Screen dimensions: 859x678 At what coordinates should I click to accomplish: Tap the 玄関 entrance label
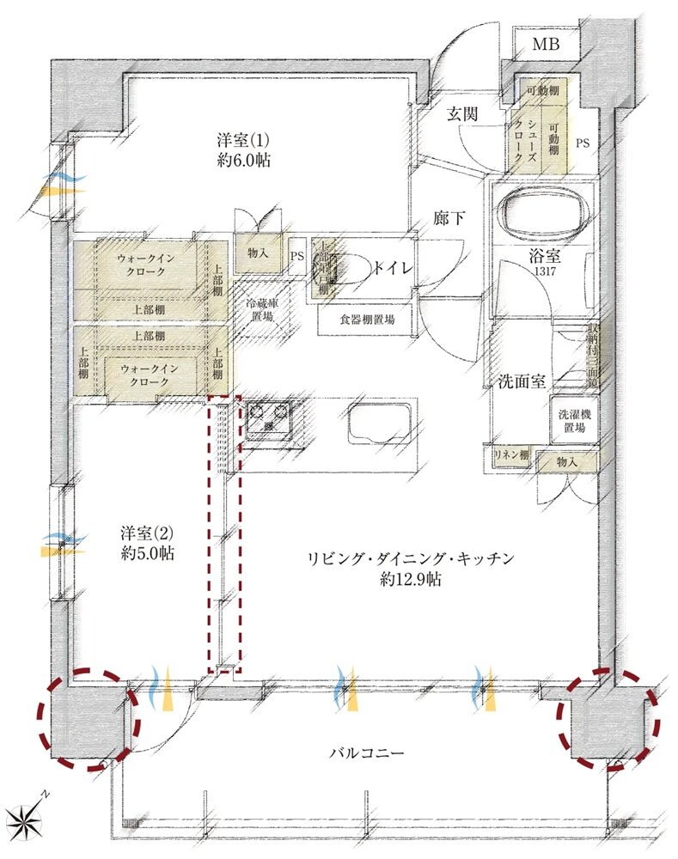click(462, 113)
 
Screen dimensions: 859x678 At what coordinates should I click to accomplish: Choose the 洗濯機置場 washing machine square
click(572, 420)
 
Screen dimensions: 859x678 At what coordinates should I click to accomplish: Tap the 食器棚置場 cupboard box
click(367, 319)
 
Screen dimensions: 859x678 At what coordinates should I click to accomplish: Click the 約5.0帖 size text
click(148, 554)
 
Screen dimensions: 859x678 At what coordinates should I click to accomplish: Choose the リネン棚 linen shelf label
click(510, 455)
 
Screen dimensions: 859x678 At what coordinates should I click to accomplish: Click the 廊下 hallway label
click(449, 218)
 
